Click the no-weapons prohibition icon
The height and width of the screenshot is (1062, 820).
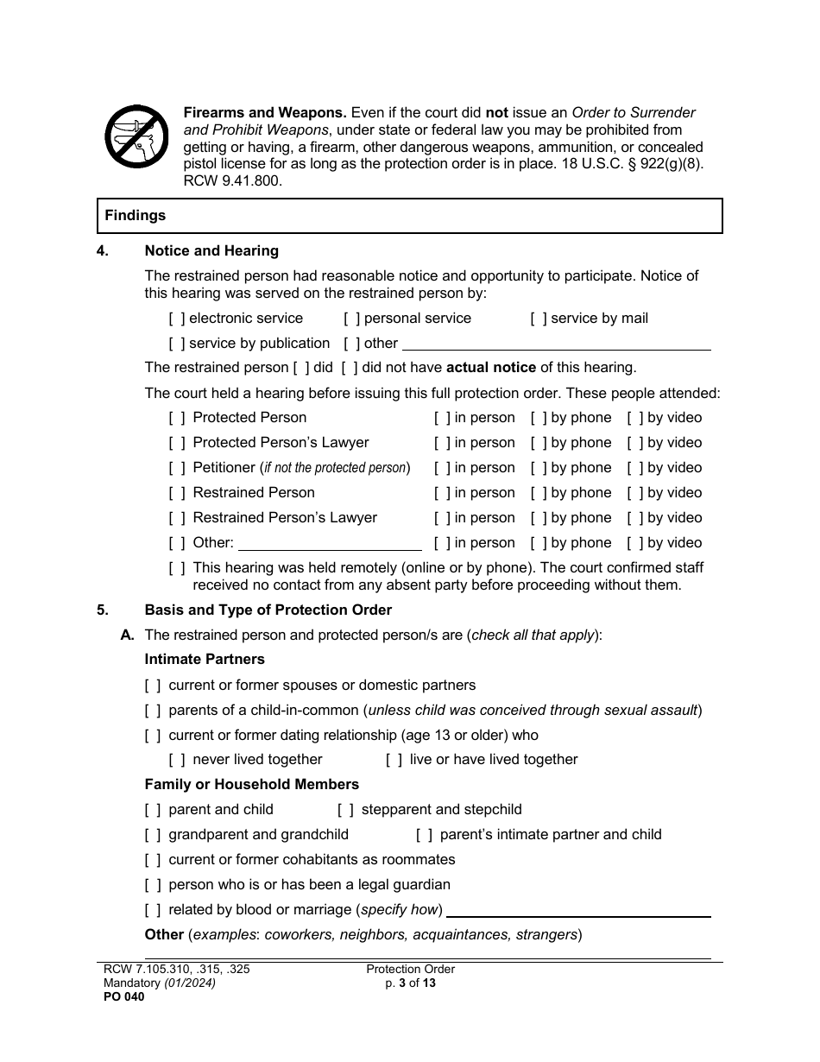[136, 137]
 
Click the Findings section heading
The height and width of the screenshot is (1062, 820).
[136, 216]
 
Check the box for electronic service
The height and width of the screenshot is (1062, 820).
[177, 319]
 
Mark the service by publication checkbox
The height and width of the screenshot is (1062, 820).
[177, 344]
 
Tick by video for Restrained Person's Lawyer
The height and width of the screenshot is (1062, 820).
[635, 518]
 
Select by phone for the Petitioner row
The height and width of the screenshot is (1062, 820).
[539, 468]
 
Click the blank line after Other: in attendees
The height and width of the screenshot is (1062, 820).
[330, 544]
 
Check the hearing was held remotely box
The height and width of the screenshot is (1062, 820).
[177, 568]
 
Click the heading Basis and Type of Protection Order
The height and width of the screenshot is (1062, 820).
[268, 610]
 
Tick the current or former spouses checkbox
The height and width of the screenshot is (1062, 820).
[153, 686]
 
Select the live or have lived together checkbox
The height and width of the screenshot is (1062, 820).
[394, 760]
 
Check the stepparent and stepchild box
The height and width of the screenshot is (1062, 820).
[345, 810]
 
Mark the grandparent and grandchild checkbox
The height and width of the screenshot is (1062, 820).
[153, 835]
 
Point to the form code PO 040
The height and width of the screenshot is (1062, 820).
[121, 996]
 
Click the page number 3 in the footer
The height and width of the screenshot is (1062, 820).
[401, 983]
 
